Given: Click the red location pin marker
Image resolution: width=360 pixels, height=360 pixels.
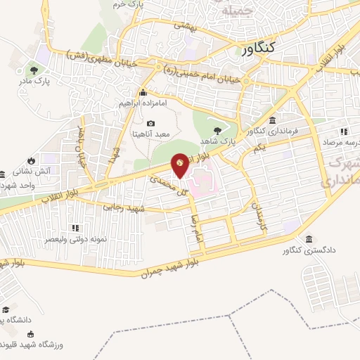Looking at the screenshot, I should click(181, 166).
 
